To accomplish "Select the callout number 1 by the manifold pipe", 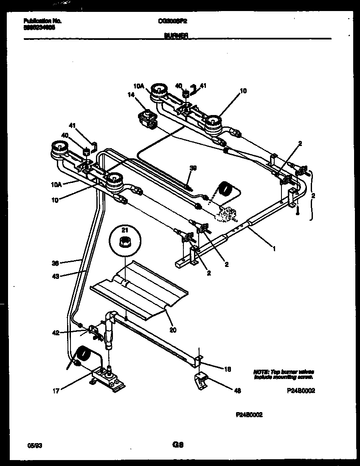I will [x=274, y=249].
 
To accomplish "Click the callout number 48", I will [x=237, y=390].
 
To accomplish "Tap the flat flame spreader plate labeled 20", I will [x=140, y=289].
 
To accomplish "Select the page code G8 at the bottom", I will [x=177, y=445].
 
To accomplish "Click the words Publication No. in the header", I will [x=40, y=20].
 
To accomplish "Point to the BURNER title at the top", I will [x=176, y=36].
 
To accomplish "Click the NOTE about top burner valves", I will [x=284, y=374].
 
